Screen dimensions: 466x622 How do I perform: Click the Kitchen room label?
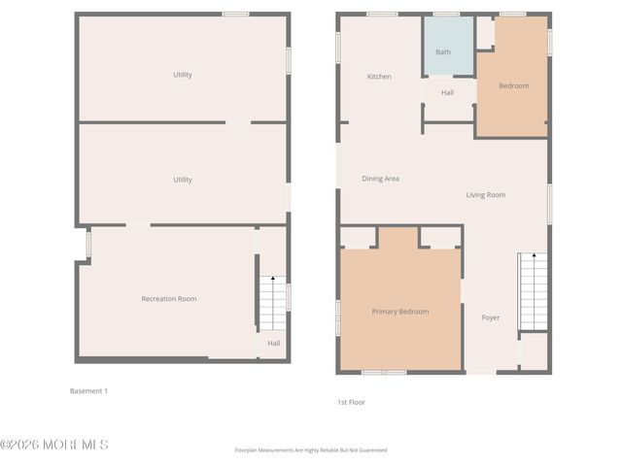(379, 77)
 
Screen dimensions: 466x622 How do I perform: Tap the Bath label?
(443, 52)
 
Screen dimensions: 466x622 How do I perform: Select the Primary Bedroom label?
(400, 312)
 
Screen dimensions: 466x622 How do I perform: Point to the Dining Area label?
(381, 179)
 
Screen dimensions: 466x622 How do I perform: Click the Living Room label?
(486, 195)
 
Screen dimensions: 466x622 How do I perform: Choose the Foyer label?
(491, 317)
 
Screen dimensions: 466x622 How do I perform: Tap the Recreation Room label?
(169, 299)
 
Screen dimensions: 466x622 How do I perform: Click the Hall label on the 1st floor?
(447, 93)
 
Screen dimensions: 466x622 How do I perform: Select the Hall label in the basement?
(274, 343)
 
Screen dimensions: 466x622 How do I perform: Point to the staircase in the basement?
(273, 304)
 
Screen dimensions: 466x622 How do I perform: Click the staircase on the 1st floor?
(534, 291)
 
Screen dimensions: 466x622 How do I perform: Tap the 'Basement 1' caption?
(88, 391)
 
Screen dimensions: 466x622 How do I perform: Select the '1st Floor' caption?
(351, 402)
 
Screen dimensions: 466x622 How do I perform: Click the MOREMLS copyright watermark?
(54, 445)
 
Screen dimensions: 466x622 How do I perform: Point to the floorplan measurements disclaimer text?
(311, 450)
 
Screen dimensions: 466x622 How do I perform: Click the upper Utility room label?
(183, 75)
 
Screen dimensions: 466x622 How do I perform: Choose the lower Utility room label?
(183, 180)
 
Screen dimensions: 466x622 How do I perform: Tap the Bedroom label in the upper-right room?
(514, 86)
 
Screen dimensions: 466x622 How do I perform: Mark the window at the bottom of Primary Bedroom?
(384, 372)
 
